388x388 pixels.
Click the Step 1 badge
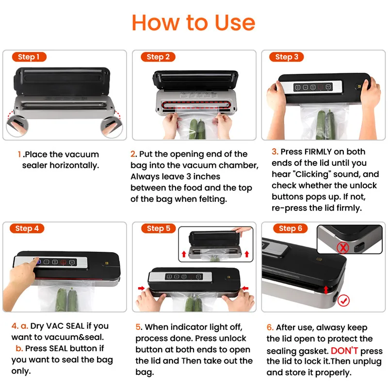[29, 57]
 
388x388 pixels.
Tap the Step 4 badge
[27, 228]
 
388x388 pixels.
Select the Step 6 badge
[290, 228]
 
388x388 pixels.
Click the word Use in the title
[235, 23]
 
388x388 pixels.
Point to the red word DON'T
[344, 351]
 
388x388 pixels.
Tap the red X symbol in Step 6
[343, 247]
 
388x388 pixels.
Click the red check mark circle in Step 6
[344, 300]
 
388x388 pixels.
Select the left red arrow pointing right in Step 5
[141, 288]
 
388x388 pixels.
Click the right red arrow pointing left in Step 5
[245, 288]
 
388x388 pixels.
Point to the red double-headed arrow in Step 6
[326, 290]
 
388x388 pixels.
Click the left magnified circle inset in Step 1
[17, 126]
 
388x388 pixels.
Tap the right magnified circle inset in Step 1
[112, 127]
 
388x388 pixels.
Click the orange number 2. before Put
[134, 154]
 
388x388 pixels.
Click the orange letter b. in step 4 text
[19, 348]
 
